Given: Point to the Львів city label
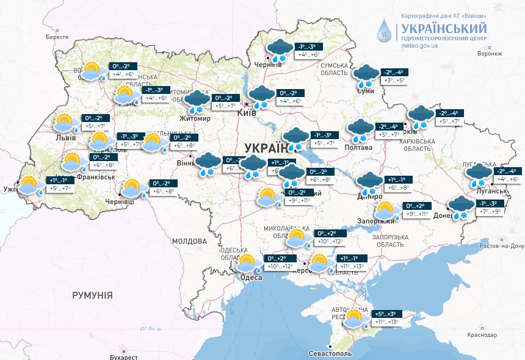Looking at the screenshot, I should coord(65,137).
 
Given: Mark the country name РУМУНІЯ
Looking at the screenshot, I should coord(92,295).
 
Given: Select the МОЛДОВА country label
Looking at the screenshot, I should coord(190,241).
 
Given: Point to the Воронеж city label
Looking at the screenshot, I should coord(489,54).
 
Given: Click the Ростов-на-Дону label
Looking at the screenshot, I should coord(502,246).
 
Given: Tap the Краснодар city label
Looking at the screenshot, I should coord(482,335).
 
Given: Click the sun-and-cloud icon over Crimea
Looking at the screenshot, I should coord(354,318).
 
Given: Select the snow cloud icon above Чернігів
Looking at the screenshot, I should coord(280,49).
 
